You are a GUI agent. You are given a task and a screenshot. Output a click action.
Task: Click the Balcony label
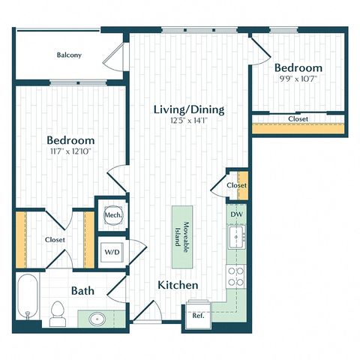(x=69, y=55)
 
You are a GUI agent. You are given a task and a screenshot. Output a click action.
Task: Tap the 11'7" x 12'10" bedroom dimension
(x=70, y=151)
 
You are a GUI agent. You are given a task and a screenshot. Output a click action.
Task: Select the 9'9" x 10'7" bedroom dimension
(x=298, y=79)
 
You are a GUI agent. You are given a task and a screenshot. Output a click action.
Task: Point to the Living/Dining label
(x=189, y=109)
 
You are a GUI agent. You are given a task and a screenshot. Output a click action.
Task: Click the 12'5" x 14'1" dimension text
(x=189, y=121)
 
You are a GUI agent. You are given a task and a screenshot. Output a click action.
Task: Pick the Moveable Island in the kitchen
(x=182, y=237)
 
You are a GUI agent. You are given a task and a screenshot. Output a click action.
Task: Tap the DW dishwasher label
(x=236, y=214)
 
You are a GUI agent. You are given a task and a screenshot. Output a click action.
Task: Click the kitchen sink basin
(x=236, y=237)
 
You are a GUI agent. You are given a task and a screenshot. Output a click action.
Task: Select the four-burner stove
(x=236, y=277)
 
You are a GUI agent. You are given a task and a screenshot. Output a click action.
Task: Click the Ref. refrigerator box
(x=199, y=315)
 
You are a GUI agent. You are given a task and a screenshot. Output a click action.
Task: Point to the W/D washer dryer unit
(x=112, y=252)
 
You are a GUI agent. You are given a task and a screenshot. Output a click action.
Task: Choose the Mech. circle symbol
(x=113, y=214)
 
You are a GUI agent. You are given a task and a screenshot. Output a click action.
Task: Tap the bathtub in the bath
(x=28, y=296)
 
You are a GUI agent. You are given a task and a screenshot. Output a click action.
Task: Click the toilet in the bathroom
(x=58, y=314)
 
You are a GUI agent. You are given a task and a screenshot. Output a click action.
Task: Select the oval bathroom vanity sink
(x=97, y=319)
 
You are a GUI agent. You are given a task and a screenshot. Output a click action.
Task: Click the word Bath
(x=82, y=291)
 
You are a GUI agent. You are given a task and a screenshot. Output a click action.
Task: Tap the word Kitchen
(x=178, y=285)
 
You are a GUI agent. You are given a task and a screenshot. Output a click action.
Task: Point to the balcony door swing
(x=114, y=57)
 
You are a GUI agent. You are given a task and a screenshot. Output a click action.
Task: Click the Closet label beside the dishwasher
(x=236, y=185)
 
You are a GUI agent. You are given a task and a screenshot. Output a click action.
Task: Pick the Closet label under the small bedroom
(x=298, y=119)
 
